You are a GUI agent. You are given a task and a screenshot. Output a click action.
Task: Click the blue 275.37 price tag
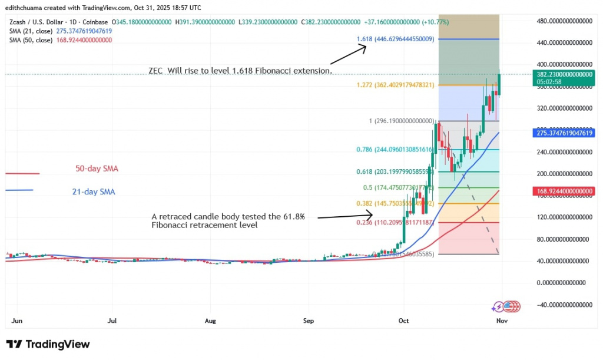pos(563,133)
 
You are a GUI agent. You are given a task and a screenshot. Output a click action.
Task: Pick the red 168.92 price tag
pos(563,190)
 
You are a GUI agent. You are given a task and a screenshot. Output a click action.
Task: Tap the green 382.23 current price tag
pos(563,74)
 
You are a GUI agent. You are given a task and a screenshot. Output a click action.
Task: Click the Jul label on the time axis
pos(112,321)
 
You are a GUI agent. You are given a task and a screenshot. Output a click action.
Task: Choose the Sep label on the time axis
pos(309,321)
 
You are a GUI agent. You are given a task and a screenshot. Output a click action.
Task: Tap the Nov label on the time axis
pos(502,321)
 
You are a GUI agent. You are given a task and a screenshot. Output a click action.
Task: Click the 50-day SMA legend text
pos(97,169)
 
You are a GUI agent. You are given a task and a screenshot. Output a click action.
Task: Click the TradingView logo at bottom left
pos(48,344)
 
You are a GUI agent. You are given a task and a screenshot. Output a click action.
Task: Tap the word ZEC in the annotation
pos(157,71)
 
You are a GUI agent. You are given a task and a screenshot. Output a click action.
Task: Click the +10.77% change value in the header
pos(436,22)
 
